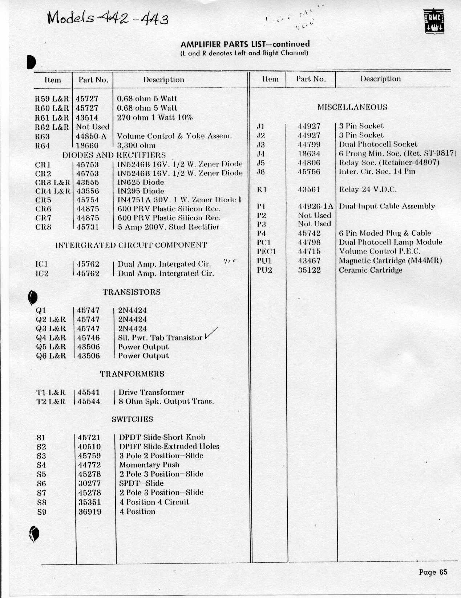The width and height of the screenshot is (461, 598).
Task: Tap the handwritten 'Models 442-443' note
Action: [108, 17]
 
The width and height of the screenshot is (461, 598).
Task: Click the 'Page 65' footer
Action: [433, 572]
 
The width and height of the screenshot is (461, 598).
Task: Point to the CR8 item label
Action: [43, 227]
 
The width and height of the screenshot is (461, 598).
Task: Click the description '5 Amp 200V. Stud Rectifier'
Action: [169, 227]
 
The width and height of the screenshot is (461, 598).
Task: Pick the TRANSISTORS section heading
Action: [131, 292]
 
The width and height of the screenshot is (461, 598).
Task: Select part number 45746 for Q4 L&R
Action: [88, 338]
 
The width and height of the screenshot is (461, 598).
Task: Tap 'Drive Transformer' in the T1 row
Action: [151, 392]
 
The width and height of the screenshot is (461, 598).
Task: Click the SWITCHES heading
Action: [132, 419]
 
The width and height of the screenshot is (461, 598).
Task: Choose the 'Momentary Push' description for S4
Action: [149, 465]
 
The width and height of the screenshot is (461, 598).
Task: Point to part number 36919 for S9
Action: [90, 512]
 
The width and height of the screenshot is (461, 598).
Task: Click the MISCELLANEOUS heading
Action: [352, 107]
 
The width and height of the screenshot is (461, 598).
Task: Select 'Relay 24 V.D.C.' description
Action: [368, 190]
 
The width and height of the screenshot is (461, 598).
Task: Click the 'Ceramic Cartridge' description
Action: [371, 270]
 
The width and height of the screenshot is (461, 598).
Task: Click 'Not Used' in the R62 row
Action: [93, 127]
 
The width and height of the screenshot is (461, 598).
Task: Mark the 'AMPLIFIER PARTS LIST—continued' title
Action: [245, 44]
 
